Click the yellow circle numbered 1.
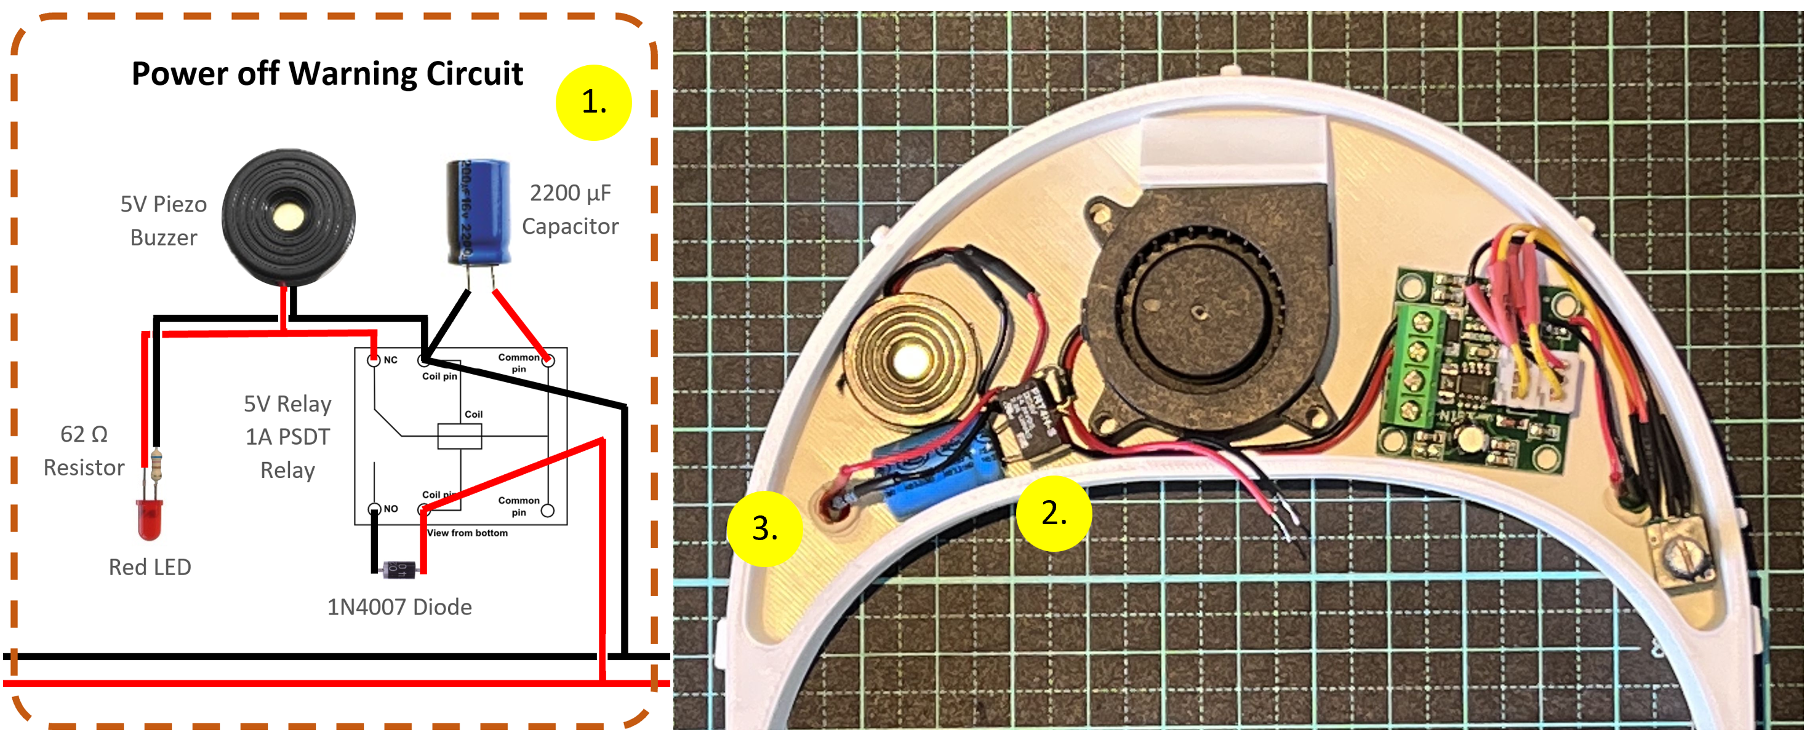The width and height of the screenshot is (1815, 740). coord(593,103)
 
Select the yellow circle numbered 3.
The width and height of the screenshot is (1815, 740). coord(764,529)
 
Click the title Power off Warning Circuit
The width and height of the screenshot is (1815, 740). coord(327,74)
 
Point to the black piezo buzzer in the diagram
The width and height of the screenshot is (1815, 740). coord(288,216)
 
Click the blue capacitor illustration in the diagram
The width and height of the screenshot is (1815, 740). coord(478,211)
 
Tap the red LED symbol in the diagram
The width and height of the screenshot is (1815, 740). coord(150,520)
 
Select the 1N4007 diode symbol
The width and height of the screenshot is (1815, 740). coord(399,569)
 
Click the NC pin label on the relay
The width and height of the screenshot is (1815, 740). coord(390,360)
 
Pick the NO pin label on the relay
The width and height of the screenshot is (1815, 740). coord(390,508)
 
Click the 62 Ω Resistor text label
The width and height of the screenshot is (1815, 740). coord(84,451)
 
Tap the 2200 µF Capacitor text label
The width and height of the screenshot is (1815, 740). coord(569,209)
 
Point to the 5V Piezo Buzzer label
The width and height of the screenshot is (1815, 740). coord(164,220)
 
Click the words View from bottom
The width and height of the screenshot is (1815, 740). coord(467,533)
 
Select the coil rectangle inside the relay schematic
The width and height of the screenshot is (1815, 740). coord(459,437)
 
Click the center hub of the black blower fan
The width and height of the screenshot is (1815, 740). coord(1198,311)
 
